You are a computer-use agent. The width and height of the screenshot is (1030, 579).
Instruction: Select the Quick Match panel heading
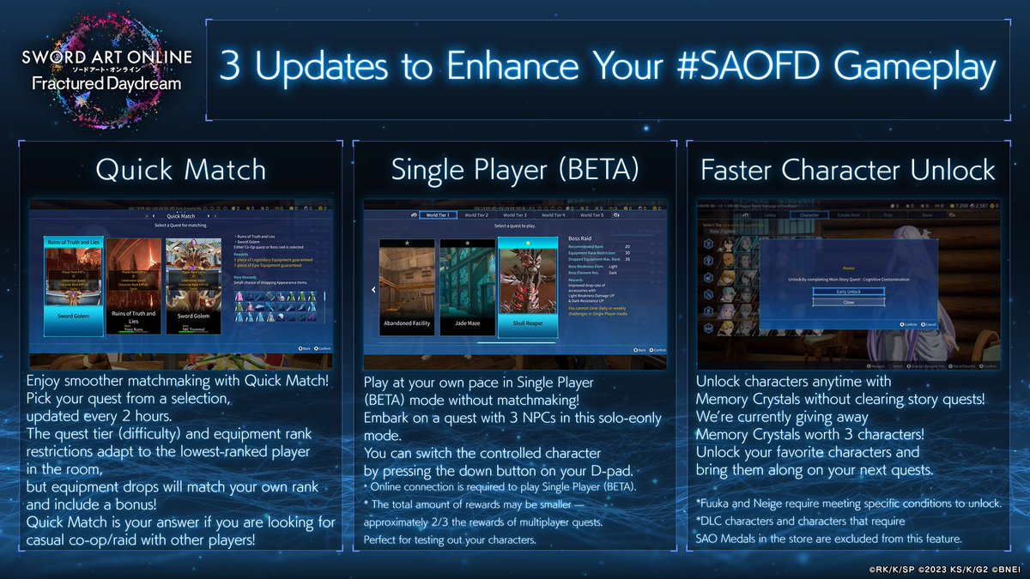(x=182, y=170)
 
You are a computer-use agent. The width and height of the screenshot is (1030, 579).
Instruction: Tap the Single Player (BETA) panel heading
(x=515, y=170)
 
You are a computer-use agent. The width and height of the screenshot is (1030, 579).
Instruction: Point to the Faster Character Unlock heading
(x=848, y=170)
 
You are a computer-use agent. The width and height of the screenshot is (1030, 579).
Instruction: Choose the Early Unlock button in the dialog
(x=847, y=292)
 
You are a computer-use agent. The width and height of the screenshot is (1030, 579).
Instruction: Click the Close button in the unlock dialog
(x=847, y=302)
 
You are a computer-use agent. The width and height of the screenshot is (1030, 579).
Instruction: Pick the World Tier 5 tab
(x=596, y=214)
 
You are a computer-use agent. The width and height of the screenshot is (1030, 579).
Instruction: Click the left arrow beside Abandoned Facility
(x=373, y=290)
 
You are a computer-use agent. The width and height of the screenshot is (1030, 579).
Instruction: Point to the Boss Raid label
(x=580, y=239)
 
